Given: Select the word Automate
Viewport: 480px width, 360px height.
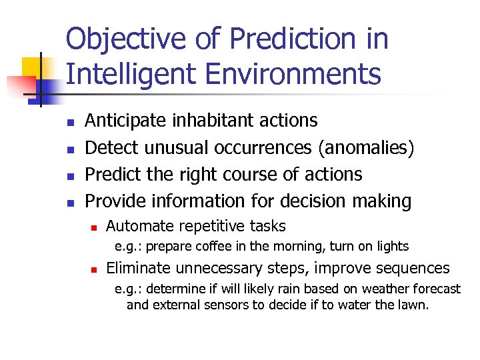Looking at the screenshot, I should click(136, 226).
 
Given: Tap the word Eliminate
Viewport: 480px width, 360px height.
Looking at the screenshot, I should click(138, 268).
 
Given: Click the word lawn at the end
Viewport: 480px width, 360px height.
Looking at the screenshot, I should click(414, 305).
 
